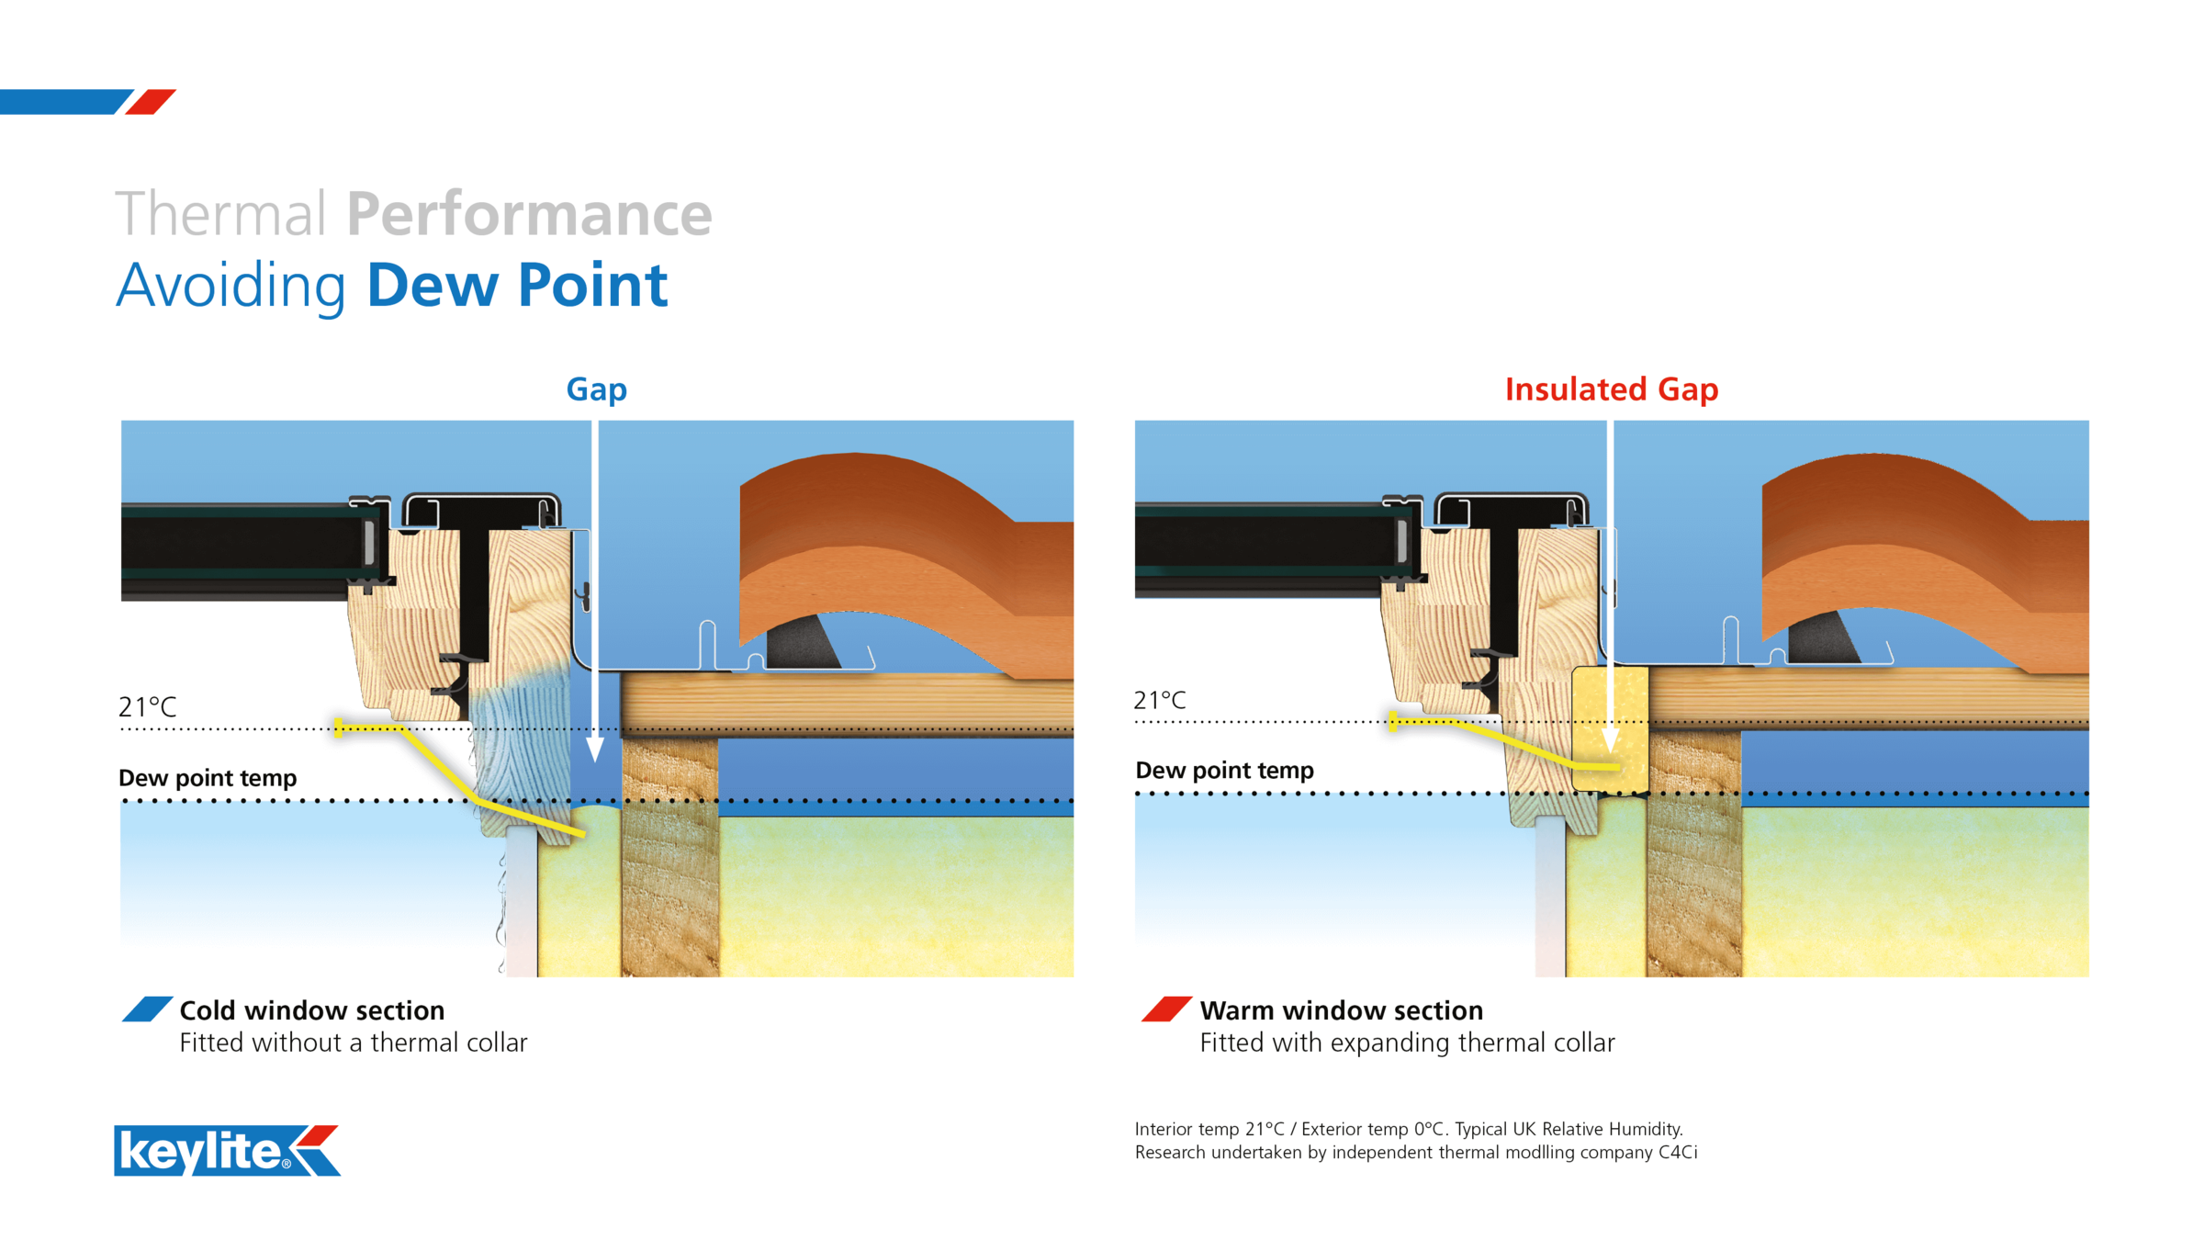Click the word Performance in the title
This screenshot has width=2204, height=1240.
pyautogui.click(x=529, y=214)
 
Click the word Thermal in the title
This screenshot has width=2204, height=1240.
pyautogui.click(x=220, y=214)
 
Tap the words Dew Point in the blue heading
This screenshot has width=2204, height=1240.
pyautogui.click(x=517, y=285)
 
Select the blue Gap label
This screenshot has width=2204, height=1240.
pyautogui.click(x=596, y=389)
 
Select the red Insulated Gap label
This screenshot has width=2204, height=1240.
pyautogui.click(x=1611, y=389)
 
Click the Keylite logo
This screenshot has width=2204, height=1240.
pyautogui.click(x=227, y=1150)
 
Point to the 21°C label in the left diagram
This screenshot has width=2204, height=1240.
pyautogui.click(x=147, y=706)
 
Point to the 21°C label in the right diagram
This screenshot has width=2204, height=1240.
pyautogui.click(x=1159, y=700)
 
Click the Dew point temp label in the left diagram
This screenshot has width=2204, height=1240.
pyautogui.click(x=208, y=778)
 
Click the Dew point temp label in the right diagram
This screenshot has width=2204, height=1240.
pyautogui.click(x=1224, y=770)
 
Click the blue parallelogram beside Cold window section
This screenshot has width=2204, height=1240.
pyautogui.click(x=147, y=1009)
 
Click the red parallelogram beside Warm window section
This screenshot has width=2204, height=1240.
pyautogui.click(x=1166, y=1009)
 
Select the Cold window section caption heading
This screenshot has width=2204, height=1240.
pyautogui.click(x=311, y=1010)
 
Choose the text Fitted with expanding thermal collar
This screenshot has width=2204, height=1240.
pyautogui.click(x=1407, y=1043)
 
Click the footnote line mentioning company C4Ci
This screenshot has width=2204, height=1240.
pyautogui.click(x=1415, y=1152)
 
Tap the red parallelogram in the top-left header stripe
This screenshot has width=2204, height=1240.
pyautogui.click(x=151, y=102)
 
